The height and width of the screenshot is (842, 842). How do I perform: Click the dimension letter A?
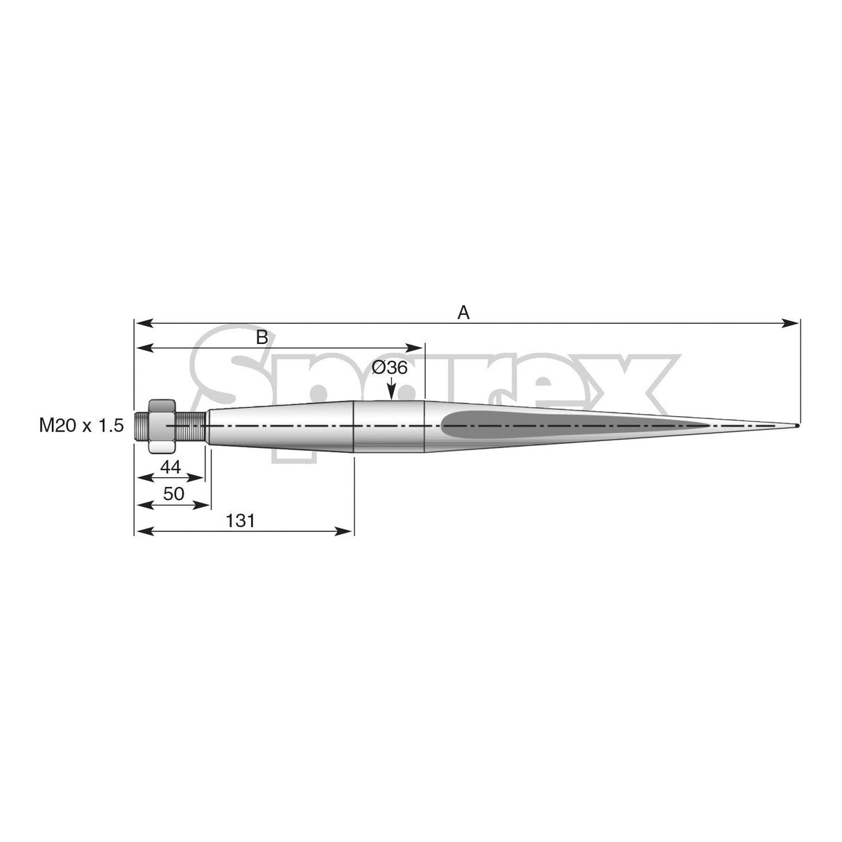(x=463, y=313)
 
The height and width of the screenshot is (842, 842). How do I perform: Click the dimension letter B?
(x=261, y=338)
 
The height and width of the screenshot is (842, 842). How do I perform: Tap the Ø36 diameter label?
(x=389, y=368)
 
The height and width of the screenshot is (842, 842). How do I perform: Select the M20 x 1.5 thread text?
(x=81, y=426)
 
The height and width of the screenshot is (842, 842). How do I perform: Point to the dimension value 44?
(x=170, y=467)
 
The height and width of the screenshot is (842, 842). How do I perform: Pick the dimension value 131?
(x=241, y=520)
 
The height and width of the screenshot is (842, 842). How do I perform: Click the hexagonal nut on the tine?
(x=162, y=426)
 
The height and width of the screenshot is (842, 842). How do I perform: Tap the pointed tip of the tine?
(x=797, y=425)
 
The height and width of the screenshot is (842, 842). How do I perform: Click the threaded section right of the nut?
(x=190, y=426)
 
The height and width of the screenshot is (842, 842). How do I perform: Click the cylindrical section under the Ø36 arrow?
(x=389, y=427)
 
